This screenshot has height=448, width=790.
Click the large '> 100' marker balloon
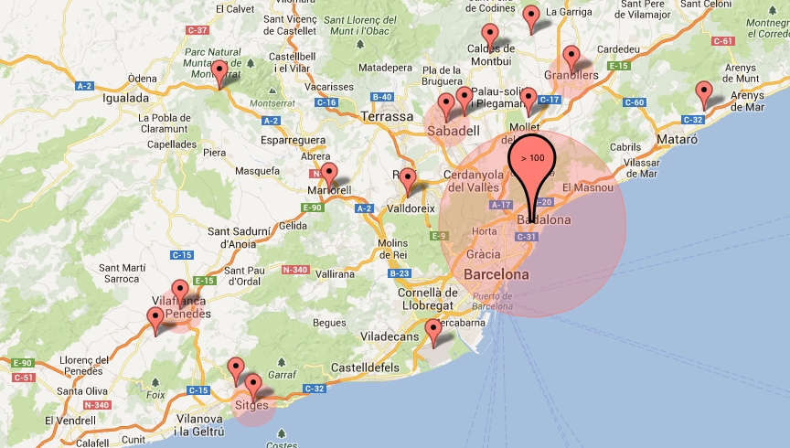point(532,157)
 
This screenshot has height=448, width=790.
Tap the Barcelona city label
point(496,274)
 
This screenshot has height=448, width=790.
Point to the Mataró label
point(678,140)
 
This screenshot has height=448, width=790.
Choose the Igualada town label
point(126,98)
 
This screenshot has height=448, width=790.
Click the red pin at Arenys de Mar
point(703,93)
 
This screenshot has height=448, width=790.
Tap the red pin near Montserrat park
point(219,72)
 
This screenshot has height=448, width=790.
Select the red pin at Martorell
point(329,174)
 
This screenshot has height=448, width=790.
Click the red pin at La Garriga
point(531,16)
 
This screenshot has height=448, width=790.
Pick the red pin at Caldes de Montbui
point(490,36)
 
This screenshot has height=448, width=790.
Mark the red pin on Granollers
point(572,57)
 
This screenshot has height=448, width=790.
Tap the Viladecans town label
point(390,337)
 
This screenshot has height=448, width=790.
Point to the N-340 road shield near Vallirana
point(295,270)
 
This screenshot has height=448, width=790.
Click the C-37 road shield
point(197,30)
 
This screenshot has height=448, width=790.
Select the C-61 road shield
point(723,41)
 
